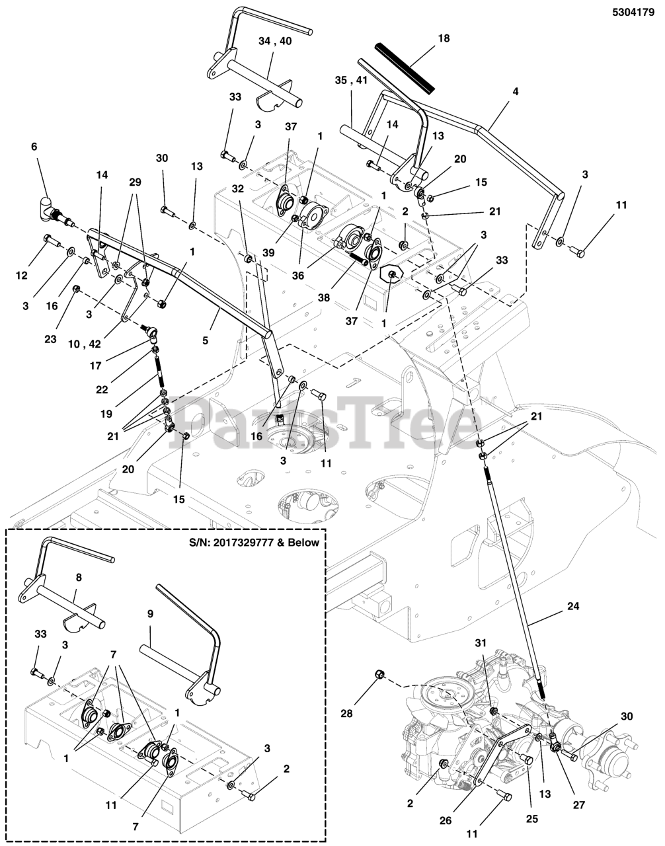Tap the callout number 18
444,38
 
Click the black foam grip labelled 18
403,66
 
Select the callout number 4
515,92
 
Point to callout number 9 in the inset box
150,614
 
